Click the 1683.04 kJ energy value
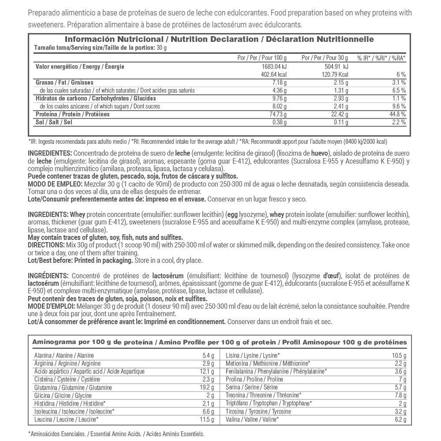(x=274, y=67)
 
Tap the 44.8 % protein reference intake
(x=397, y=114)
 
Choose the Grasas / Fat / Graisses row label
(x=64, y=82)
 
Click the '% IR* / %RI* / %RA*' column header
(x=381, y=58)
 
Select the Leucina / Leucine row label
(x=66, y=419)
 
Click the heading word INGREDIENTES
(x=49, y=153)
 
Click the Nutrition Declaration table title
(x=219, y=39)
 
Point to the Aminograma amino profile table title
(x=219, y=342)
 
